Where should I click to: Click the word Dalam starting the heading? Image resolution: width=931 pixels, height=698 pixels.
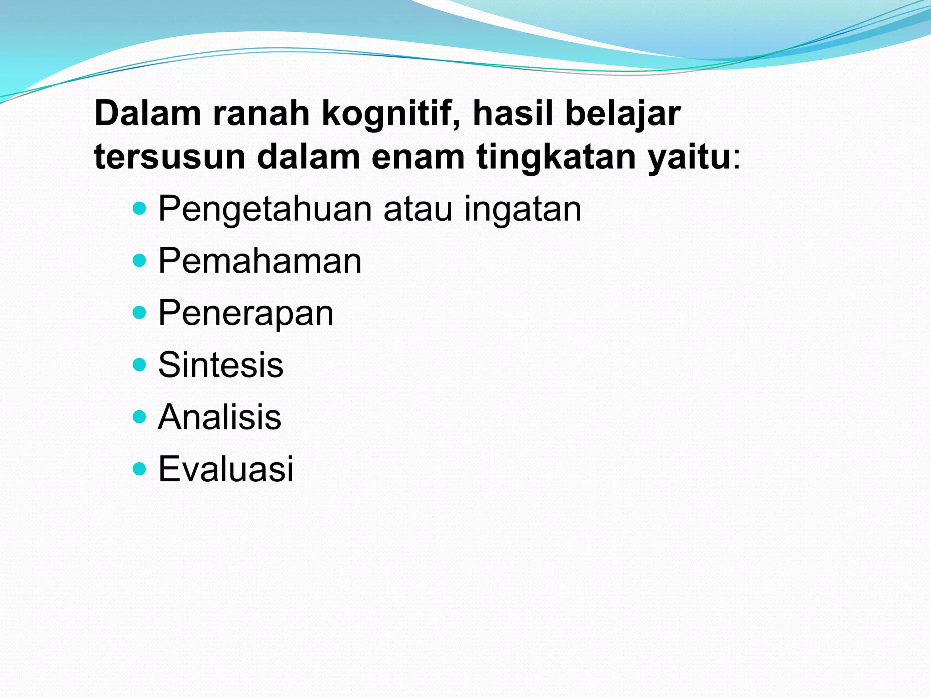pos(148,113)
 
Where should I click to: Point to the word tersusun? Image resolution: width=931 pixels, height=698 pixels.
pos(170,157)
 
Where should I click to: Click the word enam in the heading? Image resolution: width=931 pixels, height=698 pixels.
pos(418,157)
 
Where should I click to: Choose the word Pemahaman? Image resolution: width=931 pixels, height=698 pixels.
pos(260,261)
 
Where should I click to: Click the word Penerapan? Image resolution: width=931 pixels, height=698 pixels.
pos(246,314)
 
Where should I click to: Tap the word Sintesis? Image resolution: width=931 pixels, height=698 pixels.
pos(220,365)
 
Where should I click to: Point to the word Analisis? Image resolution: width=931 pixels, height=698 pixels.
pos(220,417)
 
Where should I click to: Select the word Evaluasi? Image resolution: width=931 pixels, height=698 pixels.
pos(225,469)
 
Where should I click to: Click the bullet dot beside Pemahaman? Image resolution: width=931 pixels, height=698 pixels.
pos(140,260)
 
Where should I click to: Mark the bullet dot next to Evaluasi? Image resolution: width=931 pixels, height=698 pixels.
pos(140,469)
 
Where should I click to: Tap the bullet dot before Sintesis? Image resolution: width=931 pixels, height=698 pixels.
pos(140,364)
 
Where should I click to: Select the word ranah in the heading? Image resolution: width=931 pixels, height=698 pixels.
pos(261,113)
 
